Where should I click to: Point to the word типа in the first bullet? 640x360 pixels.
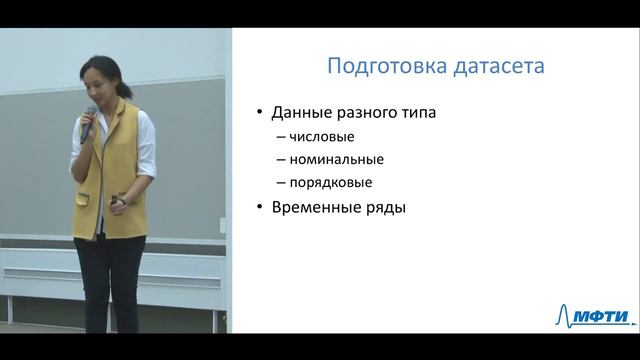tap(419, 113)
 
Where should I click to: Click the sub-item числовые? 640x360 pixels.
tap(322, 137)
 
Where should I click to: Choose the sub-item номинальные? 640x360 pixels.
tap(336, 160)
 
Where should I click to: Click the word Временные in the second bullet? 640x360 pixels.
tap(314, 208)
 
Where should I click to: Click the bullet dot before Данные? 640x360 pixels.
tap(259, 113)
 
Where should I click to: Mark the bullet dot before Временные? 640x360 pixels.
tap(259, 208)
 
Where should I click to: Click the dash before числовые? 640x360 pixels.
tap(279, 137)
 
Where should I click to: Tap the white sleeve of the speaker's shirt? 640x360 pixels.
tap(147, 150)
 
